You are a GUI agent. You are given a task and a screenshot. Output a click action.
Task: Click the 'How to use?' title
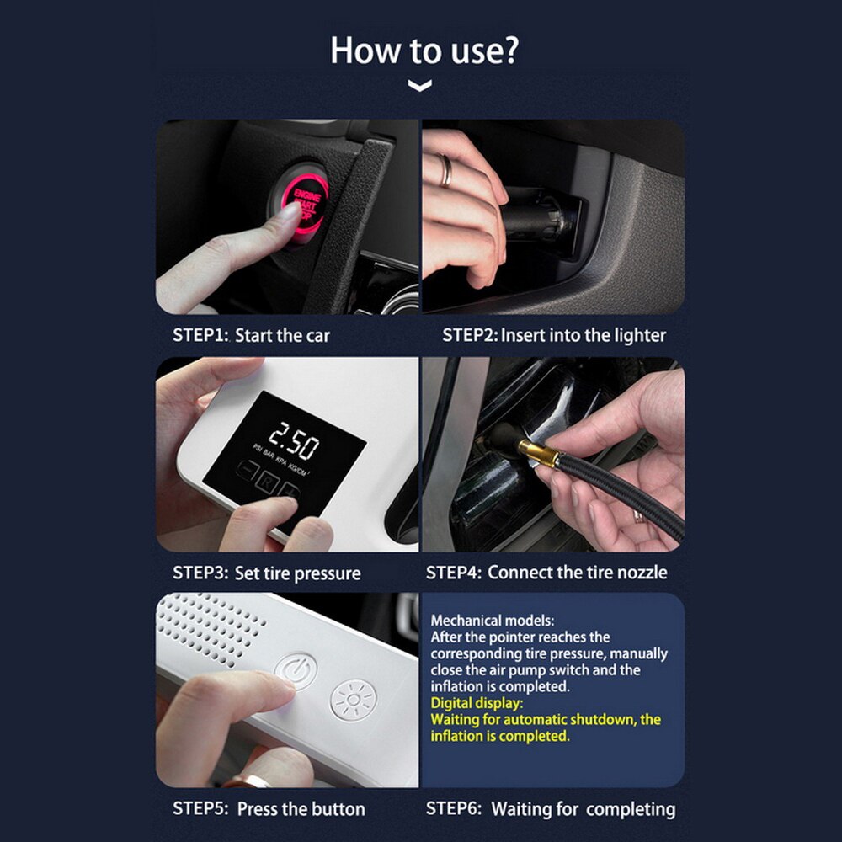pyautogui.click(x=424, y=50)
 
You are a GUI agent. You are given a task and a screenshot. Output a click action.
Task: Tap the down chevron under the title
pyautogui.click(x=419, y=86)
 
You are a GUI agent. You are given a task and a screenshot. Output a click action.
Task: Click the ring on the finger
pyautogui.click(x=447, y=170)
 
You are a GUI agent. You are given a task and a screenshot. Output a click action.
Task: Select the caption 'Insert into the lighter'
pyautogui.click(x=583, y=335)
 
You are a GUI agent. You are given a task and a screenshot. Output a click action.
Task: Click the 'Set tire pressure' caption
pyautogui.click(x=297, y=573)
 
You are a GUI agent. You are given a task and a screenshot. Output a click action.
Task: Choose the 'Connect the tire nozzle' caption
pyautogui.click(x=578, y=573)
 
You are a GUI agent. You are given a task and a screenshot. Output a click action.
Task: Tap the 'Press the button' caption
pyautogui.click(x=301, y=809)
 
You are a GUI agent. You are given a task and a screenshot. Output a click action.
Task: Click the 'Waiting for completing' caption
pyautogui.click(x=583, y=809)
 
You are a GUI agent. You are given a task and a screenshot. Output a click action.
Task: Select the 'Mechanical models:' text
pyautogui.click(x=493, y=621)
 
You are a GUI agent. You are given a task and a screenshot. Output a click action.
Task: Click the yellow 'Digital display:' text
pyautogui.click(x=477, y=703)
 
